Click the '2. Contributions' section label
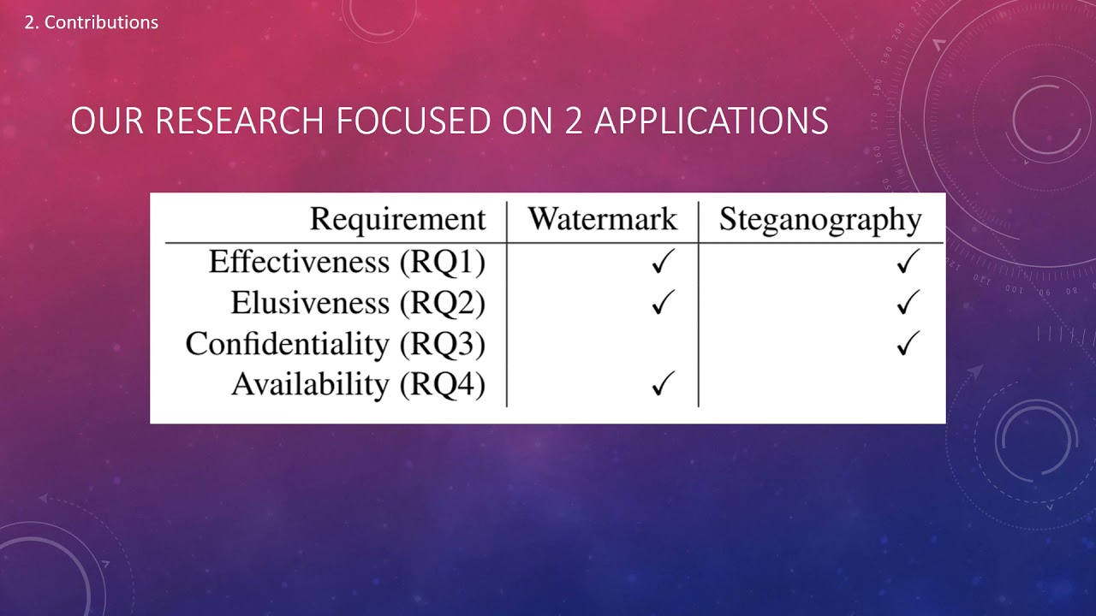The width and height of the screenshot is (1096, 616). click(x=92, y=22)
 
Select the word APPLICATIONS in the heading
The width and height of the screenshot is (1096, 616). click(x=712, y=121)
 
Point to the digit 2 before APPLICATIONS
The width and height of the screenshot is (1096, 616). click(x=574, y=121)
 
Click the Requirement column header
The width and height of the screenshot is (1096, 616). click(x=398, y=219)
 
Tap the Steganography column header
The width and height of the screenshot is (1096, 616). click(x=820, y=220)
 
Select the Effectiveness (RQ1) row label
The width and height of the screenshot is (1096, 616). click(x=348, y=262)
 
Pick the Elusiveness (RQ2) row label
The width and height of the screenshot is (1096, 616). click(x=358, y=303)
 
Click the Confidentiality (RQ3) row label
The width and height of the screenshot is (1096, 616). click(x=336, y=344)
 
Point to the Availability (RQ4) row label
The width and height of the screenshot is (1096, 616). click(x=359, y=385)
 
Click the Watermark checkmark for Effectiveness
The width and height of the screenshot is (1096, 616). click(x=664, y=261)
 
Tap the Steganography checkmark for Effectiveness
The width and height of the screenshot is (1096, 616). click(x=908, y=261)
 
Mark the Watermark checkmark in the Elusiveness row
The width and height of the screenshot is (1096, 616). click(x=664, y=302)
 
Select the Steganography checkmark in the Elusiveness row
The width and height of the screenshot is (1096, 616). click(x=908, y=302)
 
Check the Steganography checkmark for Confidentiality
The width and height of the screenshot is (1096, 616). click(x=908, y=343)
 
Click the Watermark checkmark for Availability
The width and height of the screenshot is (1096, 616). click(x=664, y=383)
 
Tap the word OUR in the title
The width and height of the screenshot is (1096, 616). click(x=107, y=121)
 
